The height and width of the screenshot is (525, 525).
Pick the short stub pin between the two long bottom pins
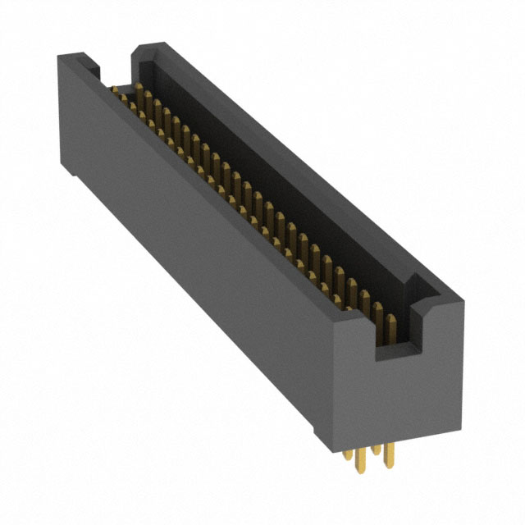click(376, 450)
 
